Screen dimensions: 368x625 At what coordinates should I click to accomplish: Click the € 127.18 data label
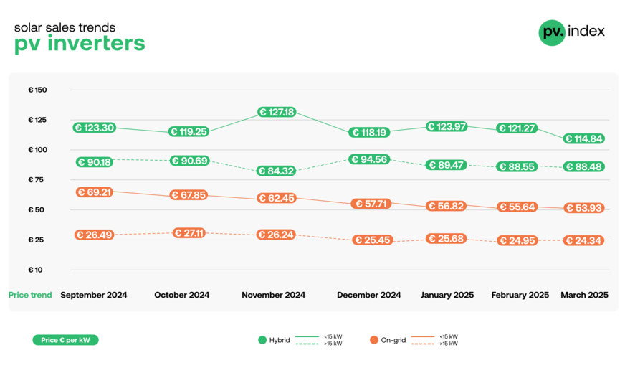[x=277, y=113]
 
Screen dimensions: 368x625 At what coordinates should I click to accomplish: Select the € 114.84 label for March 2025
[x=584, y=139]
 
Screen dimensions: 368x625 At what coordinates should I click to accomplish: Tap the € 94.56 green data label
[x=370, y=159]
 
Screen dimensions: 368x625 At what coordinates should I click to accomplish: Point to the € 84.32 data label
[x=277, y=171]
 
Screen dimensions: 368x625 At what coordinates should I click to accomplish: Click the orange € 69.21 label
[x=94, y=192]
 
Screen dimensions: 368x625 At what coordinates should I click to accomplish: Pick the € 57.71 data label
[x=370, y=204]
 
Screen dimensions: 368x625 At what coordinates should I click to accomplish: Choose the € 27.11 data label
[x=189, y=233]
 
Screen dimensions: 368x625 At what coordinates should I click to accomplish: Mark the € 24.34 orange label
[x=584, y=241]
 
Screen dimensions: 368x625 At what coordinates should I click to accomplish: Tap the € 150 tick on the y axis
[x=37, y=90]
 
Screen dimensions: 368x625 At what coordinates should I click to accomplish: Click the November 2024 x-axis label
[x=273, y=295]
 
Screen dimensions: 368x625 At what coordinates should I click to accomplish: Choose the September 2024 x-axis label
[x=94, y=295]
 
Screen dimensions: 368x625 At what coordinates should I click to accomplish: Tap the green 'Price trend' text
[x=30, y=295]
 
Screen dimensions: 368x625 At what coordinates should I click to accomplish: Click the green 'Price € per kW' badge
[x=65, y=340]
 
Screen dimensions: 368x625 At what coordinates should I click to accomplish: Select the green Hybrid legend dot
[x=262, y=340]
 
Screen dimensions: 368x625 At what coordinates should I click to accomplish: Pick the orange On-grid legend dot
[x=373, y=340]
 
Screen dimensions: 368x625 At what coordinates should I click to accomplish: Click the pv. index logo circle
[x=552, y=32]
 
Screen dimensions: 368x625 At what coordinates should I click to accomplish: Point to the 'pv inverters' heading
[x=80, y=44]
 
